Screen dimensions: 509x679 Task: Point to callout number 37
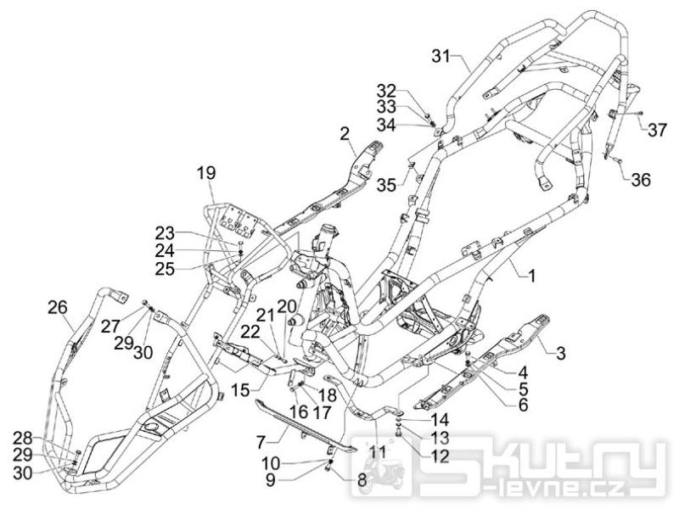click(658, 130)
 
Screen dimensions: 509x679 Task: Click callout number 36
click(641, 180)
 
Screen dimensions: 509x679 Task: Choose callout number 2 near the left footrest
click(345, 132)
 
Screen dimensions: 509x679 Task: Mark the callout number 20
click(285, 305)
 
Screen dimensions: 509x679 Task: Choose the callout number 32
click(386, 89)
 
